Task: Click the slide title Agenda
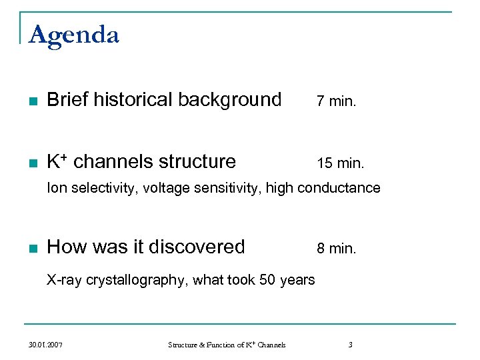tap(74, 35)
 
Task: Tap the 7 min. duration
tap(336, 101)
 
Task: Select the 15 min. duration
tap(340, 163)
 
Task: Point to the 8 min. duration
tap(336, 249)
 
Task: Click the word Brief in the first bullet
tap(68, 100)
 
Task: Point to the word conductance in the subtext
tap(339, 188)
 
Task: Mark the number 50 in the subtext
tap(267, 280)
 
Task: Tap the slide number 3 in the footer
tap(350, 345)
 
